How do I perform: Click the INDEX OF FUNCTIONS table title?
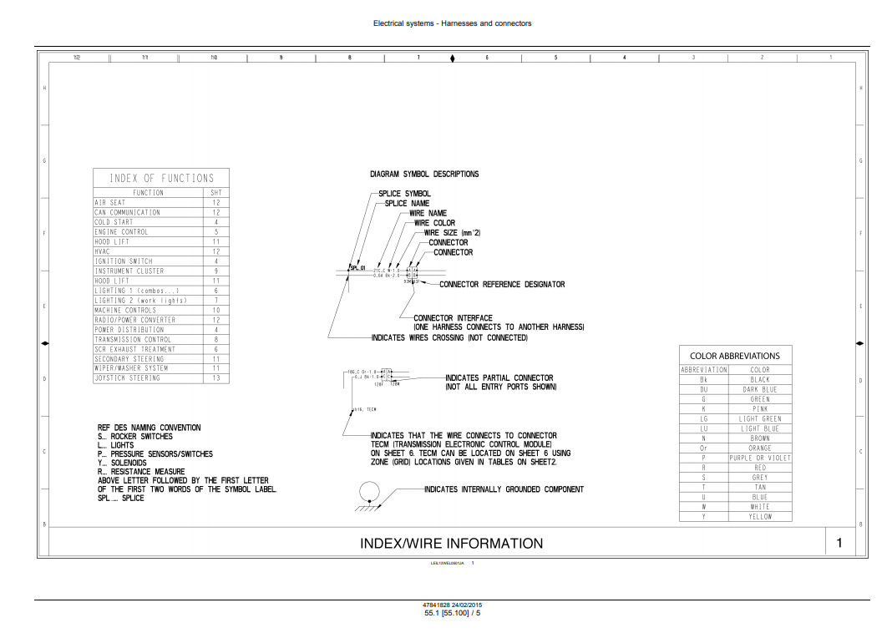click(161, 178)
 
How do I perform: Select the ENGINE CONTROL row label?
click(121, 232)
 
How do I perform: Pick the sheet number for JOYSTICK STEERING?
click(215, 378)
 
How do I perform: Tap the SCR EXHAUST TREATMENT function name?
click(134, 349)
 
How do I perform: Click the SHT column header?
click(215, 193)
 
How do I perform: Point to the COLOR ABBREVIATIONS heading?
click(735, 356)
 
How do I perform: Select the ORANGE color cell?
click(759, 448)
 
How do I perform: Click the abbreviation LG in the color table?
click(704, 419)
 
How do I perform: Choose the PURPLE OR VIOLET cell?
click(759, 458)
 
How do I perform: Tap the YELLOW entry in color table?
click(759, 517)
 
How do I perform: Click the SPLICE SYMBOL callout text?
click(405, 194)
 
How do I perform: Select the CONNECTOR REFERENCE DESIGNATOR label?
click(502, 285)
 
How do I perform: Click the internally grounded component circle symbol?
click(369, 492)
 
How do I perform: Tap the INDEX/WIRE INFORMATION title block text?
click(451, 544)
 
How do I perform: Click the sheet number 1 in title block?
click(839, 543)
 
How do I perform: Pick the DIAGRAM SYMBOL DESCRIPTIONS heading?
click(424, 175)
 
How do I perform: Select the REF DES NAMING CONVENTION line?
click(149, 428)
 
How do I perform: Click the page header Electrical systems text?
click(452, 23)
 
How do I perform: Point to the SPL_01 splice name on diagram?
click(357, 268)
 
